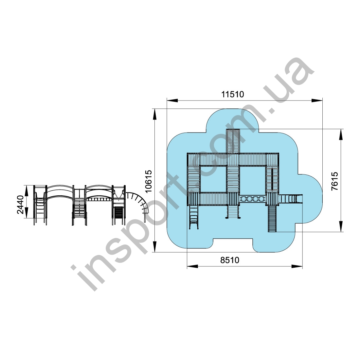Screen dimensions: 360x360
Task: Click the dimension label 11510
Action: coord(233,94)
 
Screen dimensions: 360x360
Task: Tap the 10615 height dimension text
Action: coord(149,181)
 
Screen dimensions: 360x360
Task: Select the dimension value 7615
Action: coord(335,181)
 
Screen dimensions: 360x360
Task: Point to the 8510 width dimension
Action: coord(230,260)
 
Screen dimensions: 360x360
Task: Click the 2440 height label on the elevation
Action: coord(20,205)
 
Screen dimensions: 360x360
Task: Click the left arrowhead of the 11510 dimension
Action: coord(172,100)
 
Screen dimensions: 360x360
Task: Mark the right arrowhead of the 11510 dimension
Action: coord(317,100)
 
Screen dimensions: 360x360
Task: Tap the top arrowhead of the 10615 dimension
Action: coord(155,114)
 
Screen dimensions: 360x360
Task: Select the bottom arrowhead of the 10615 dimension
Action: coord(155,247)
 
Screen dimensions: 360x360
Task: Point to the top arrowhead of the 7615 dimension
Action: coord(341,134)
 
